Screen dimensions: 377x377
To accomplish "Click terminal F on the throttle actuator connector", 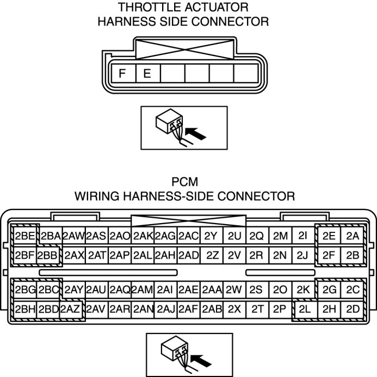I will point(123,73).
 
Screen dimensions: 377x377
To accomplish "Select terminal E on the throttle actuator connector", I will point(147,73).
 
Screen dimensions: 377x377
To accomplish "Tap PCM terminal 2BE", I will point(25,236).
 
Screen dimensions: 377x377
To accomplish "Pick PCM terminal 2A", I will point(353,236).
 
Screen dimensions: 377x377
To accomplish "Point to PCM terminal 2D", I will point(353,309).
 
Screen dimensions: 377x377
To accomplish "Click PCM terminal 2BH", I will point(25,309).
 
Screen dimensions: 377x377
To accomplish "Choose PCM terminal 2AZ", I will point(71,309).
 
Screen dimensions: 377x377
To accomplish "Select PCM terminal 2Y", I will point(211,236).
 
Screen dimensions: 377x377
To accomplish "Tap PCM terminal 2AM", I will point(142,290).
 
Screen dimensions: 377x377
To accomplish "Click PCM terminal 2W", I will point(234,290).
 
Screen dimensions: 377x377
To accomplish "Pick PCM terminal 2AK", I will point(143,236).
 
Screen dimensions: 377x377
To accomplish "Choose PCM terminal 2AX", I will point(74,255).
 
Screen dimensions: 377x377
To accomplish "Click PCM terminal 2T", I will point(257,309).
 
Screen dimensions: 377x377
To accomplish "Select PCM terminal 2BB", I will point(48,255).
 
